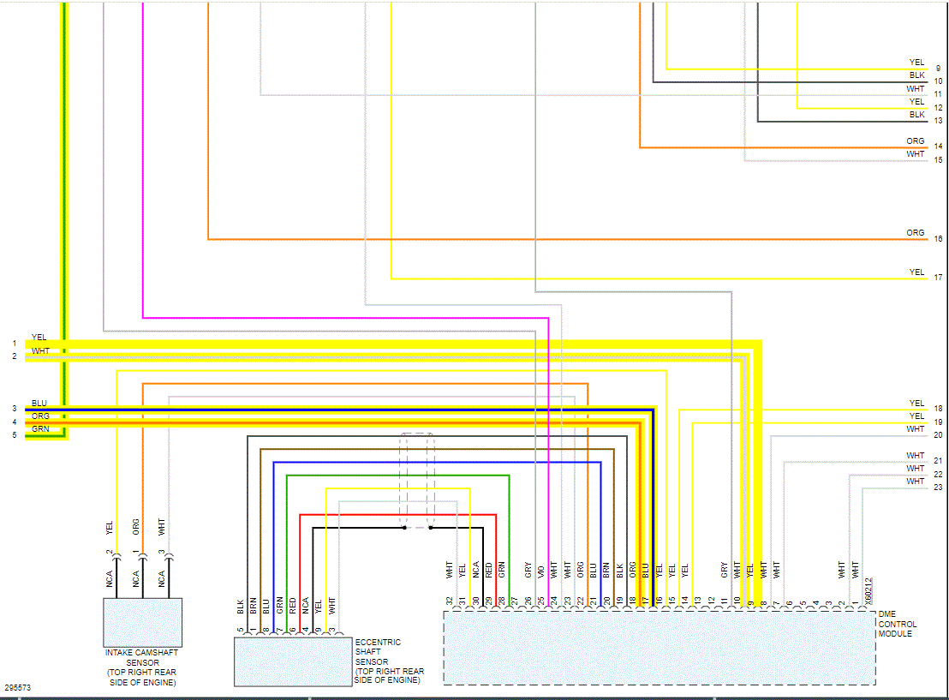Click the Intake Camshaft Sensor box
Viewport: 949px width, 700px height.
(142, 622)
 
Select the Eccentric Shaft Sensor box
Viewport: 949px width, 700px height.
(293, 661)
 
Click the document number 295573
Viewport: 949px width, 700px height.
(17, 688)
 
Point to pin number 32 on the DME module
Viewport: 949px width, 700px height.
(449, 601)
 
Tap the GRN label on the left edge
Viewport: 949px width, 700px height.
(40, 429)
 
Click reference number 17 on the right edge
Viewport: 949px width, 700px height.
(939, 278)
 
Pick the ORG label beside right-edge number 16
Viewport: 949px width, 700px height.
(916, 233)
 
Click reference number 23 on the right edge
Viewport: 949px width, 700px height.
(939, 488)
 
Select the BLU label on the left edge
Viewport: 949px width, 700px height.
(39, 403)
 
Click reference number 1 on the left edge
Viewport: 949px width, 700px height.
(14, 344)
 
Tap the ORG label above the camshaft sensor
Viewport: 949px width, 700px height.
(136, 525)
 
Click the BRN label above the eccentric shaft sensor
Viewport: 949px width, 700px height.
(254, 607)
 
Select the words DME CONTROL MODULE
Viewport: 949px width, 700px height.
(897, 624)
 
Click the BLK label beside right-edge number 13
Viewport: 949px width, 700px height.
(916, 115)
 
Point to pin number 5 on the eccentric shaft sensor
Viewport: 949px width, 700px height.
(241, 631)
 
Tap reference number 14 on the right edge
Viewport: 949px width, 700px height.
(939, 147)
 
